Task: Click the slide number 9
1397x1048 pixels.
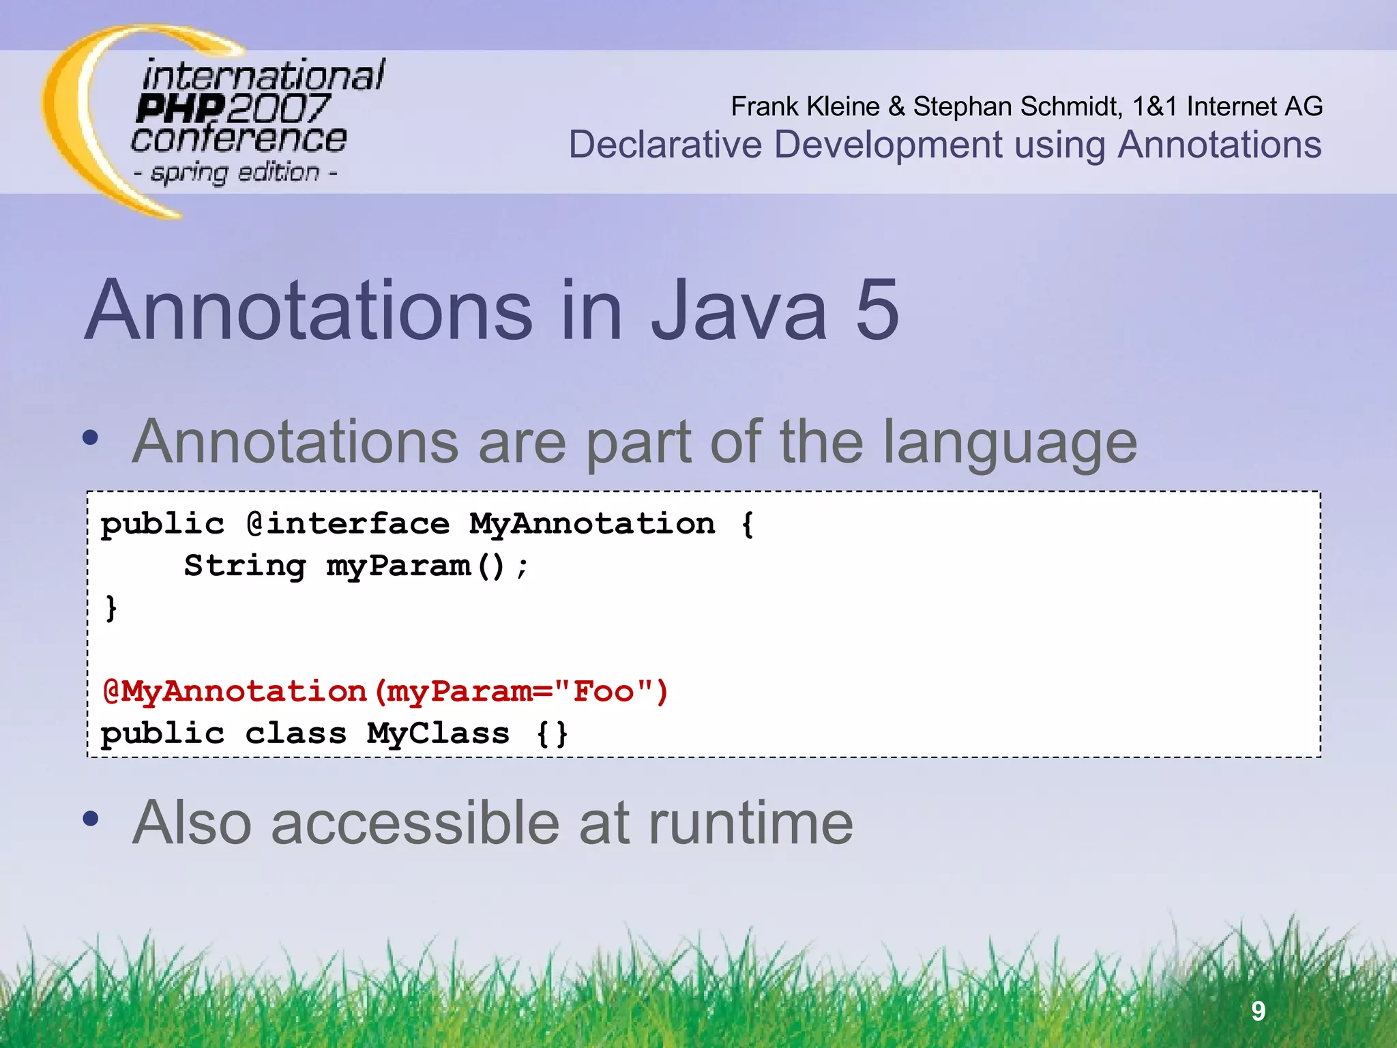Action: (1259, 1010)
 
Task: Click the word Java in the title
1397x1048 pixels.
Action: (739, 310)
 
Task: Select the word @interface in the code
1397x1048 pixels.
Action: (348, 524)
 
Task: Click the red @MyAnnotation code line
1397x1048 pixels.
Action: (385, 691)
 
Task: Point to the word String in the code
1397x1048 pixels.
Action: (245, 566)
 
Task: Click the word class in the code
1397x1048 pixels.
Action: (296, 733)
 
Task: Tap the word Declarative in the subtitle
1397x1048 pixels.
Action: (665, 145)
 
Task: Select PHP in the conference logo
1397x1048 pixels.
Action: (180, 108)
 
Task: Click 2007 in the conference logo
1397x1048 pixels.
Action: (278, 108)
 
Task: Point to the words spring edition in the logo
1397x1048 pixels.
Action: (235, 173)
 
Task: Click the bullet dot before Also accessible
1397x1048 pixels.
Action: (91, 818)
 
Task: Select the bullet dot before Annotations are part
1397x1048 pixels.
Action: (91, 437)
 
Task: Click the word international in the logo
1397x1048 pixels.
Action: (263, 75)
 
